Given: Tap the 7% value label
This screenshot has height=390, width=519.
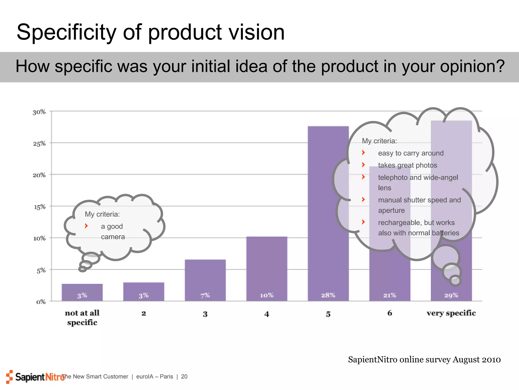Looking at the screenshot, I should [x=205, y=295].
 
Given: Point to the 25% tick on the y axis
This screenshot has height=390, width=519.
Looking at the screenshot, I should [x=39, y=144].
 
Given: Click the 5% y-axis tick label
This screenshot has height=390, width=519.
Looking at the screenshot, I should [x=41, y=271].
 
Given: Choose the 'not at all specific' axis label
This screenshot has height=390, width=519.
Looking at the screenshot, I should [x=82, y=318].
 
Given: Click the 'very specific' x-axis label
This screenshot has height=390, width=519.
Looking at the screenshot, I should [x=451, y=313].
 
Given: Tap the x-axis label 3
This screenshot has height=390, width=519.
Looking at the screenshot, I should [x=205, y=314].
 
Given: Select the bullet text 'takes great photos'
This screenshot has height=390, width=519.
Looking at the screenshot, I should [x=407, y=165].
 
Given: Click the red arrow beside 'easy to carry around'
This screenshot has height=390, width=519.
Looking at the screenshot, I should [x=363, y=153].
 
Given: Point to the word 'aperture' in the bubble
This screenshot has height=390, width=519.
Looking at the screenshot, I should [x=391, y=210].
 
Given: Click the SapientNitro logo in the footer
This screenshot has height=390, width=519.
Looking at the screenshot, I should [x=35, y=377].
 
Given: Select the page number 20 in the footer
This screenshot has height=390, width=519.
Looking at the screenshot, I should [x=184, y=377].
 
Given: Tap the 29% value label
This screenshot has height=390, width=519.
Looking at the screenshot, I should [x=451, y=295].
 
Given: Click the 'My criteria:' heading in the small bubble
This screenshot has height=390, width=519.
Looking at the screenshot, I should [x=102, y=214].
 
